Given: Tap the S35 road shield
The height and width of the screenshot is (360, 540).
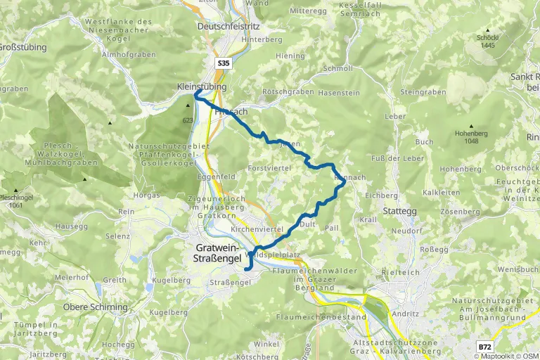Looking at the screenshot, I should [x=224, y=63].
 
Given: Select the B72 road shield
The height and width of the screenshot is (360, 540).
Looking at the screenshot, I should [x=484, y=347].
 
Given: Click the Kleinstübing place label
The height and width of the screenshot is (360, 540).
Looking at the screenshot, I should [x=201, y=86].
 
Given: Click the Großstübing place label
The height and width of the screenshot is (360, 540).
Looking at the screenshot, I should [x=21, y=47].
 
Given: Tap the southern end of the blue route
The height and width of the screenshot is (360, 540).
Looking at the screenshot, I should [x=247, y=268].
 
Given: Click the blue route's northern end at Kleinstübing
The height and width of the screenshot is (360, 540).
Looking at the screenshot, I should [x=197, y=93].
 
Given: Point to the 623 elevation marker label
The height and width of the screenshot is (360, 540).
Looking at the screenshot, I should [x=186, y=121].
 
